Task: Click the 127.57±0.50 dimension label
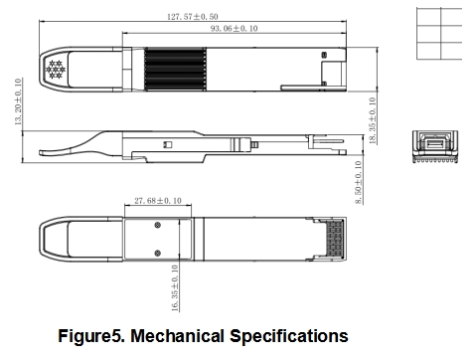tap(193, 16)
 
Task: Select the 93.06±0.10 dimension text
tap(235, 28)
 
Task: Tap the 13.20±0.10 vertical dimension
tap(18, 101)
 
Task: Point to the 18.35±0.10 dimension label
tap(373, 120)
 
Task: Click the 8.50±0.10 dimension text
tap(359, 182)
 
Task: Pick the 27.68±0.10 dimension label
tap(158, 201)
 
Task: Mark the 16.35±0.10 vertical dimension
tap(175, 287)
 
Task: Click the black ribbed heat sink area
tap(175, 69)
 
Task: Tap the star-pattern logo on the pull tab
tap(56, 70)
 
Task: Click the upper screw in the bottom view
tap(158, 225)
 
